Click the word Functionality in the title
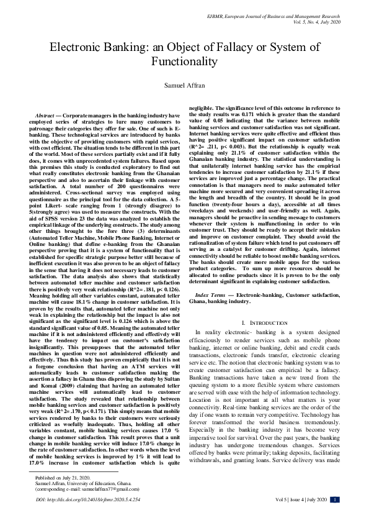point(184,62)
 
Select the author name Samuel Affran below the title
point(184,86)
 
